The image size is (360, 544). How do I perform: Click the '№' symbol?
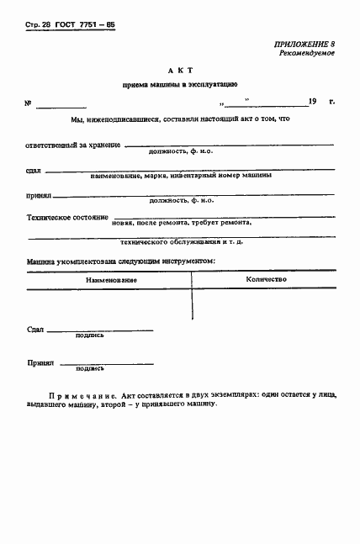28,104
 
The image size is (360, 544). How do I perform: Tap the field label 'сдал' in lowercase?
34,171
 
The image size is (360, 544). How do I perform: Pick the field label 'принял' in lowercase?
39,194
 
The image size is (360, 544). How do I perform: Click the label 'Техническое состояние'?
67,218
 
